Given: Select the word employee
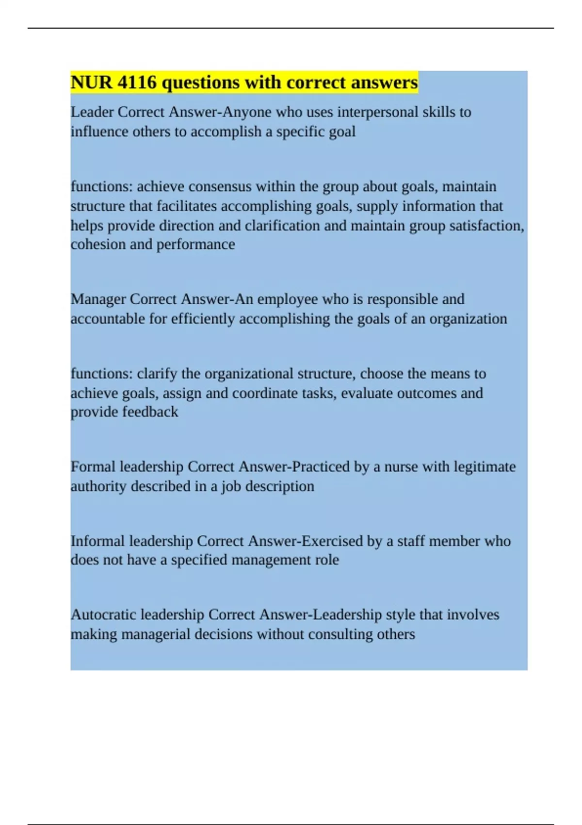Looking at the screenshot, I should [288, 299].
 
